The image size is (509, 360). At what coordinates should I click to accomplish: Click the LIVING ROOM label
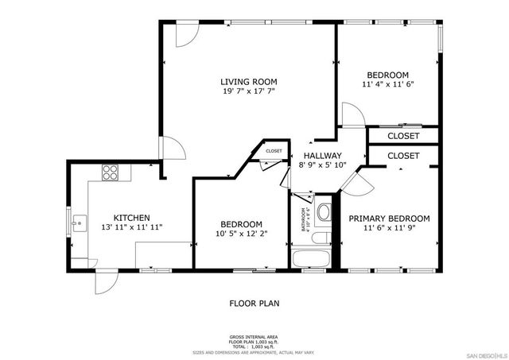pyautogui.click(x=248, y=81)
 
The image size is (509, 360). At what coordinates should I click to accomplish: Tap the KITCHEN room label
pyautogui.click(x=131, y=218)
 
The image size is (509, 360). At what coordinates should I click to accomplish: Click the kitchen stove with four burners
pyautogui.click(x=110, y=172)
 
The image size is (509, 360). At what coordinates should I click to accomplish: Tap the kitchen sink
pyautogui.click(x=77, y=223)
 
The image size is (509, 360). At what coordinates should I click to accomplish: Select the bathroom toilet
pyautogui.click(x=323, y=213)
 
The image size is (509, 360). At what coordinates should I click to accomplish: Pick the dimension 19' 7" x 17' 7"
pyautogui.click(x=248, y=91)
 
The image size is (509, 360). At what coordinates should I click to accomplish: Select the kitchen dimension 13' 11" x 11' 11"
pyautogui.click(x=131, y=227)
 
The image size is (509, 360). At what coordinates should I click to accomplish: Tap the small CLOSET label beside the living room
pyautogui.click(x=274, y=150)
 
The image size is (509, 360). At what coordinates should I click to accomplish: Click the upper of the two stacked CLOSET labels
pyautogui.click(x=403, y=136)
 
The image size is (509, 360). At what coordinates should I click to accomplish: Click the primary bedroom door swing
pyautogui.click(x=356, y=183)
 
